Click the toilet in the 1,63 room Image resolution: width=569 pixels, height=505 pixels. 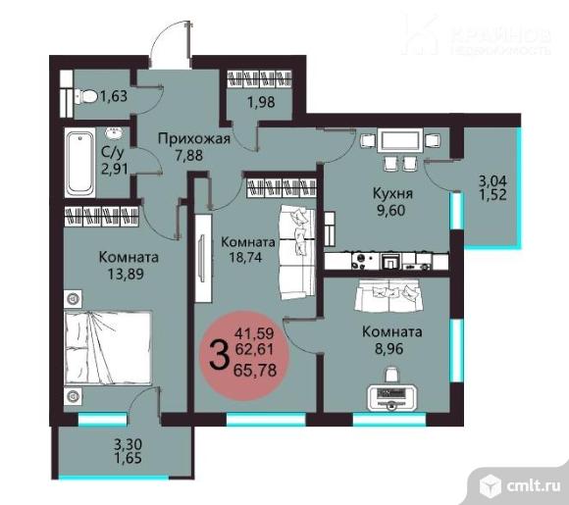pyautogui.click(x=86, y=97)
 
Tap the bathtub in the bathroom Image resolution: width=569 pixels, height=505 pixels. pyautogui.click(x=80, y=162)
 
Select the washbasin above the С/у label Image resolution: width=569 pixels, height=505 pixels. pyautogui.click(x=115, y=133)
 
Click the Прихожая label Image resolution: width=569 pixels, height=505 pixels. pyautogui.click(x=194, y=138)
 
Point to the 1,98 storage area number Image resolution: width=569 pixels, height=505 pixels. pyautogui.click(x=261, y=102)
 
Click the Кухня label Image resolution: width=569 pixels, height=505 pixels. pyautogui.click(x=393, y=194)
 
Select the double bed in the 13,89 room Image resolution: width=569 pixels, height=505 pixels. pyautogui.click(x=108, y=347)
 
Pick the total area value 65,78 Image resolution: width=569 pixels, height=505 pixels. pyautogui.click(x=255, y=370)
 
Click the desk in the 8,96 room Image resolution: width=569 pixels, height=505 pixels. pyautogui.click(x=392, y=397)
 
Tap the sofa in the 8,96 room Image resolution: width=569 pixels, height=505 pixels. pyautogui.click(x=389, y=295)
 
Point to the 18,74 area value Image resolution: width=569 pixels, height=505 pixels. pyautogui.click(x=245, y=257)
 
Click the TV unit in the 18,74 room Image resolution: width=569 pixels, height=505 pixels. pyautogui.click(x=203, y=258)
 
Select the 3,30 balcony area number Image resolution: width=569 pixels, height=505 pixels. pyautogui.click(x=129, y=444)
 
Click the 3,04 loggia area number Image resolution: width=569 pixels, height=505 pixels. pyautogui.click(x=492, y=180)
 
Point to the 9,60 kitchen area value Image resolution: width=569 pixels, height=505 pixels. pyautogui.click(x=390, y=211)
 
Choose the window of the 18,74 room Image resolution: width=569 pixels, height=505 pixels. pyautogui.click(x=266, y=420)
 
